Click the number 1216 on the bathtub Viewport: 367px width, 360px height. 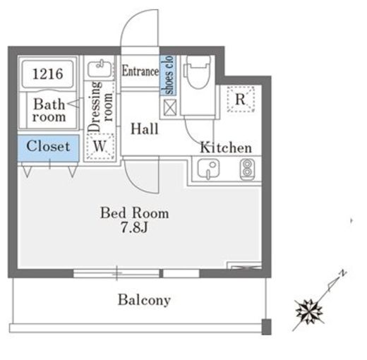[x=48, y=73]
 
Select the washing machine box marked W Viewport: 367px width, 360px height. [x=100, y=146]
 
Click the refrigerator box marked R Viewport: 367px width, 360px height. [x=241, y=99]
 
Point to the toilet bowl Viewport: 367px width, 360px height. [x=198, y=72]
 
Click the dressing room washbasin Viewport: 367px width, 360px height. [x=100, y=68]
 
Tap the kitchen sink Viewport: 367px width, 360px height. [x=208, y=169]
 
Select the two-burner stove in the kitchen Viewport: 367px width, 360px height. [x=247, y=169]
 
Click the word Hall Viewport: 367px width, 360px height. [x=145, y=129]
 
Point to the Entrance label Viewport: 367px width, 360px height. [x=140, y=71]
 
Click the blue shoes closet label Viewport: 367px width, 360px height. [x=169, y=76]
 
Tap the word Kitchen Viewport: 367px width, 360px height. [x=226, y=148]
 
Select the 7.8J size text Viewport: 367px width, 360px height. [x=134, y=227]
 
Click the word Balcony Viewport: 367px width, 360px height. [x=144, y=300]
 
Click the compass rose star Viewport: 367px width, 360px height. [x=309, y=312]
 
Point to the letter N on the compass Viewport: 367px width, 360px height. [x=343, y=273]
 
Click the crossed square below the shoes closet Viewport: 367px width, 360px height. [x=170, y=107]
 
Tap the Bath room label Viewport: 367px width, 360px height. [x=49, y=111]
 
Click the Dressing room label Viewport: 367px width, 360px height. [x=100, y=107]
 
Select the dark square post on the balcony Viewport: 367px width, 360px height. [x=267, y=327]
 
